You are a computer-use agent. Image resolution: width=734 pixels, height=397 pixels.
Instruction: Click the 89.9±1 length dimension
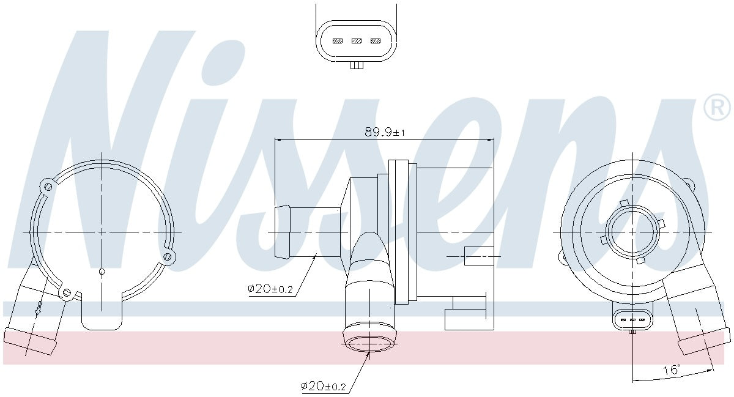click(385, 132)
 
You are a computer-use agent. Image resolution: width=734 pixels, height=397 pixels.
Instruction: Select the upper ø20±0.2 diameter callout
click(270, 289)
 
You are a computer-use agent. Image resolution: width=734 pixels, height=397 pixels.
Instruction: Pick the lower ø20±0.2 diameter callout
click(324, 386)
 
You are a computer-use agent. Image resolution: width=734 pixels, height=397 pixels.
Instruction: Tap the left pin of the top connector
click(338, 41)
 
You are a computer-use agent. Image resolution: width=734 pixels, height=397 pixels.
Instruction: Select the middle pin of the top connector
click(356, 41)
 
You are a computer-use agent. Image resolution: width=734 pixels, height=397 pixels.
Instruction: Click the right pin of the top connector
click(375, 41)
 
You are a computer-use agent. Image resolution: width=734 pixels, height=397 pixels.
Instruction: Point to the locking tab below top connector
click(357, 65)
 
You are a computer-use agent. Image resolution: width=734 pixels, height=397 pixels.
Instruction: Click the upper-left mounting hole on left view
click(48, 187)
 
